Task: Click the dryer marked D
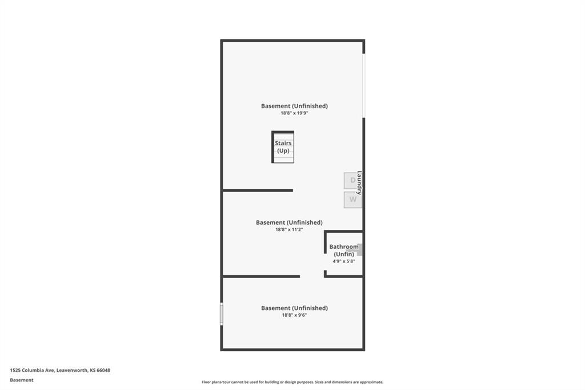click(x=351, y=181)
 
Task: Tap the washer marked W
click(x=352, y=200)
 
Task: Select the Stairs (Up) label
click(x=283, y=147)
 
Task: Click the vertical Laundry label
click(x=359, y=182)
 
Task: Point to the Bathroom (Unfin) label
click(x=344, y=250)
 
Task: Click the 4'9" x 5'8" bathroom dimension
click(x=343, y=261)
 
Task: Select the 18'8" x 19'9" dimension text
click(x=294, y=113)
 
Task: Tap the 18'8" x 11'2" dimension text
click(x=289, y=230)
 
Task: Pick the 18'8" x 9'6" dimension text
click(x=294, y=315)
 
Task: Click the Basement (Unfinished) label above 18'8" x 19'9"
click(x=294, y=106)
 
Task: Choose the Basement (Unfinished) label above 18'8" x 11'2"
click(x=289, y=222)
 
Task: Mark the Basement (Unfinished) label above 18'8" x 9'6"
click(x=294, y=308)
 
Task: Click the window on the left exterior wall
click(x=222, y=314)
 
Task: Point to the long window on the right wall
click(x=364, y=86)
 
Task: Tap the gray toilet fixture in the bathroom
click(x=359, y=250)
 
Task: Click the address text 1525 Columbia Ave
click(x=33, y=371)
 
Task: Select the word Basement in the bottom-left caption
click(x=22, y=380)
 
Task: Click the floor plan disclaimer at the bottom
click(x=292, y=382)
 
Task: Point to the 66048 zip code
click(x=103, y=371)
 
